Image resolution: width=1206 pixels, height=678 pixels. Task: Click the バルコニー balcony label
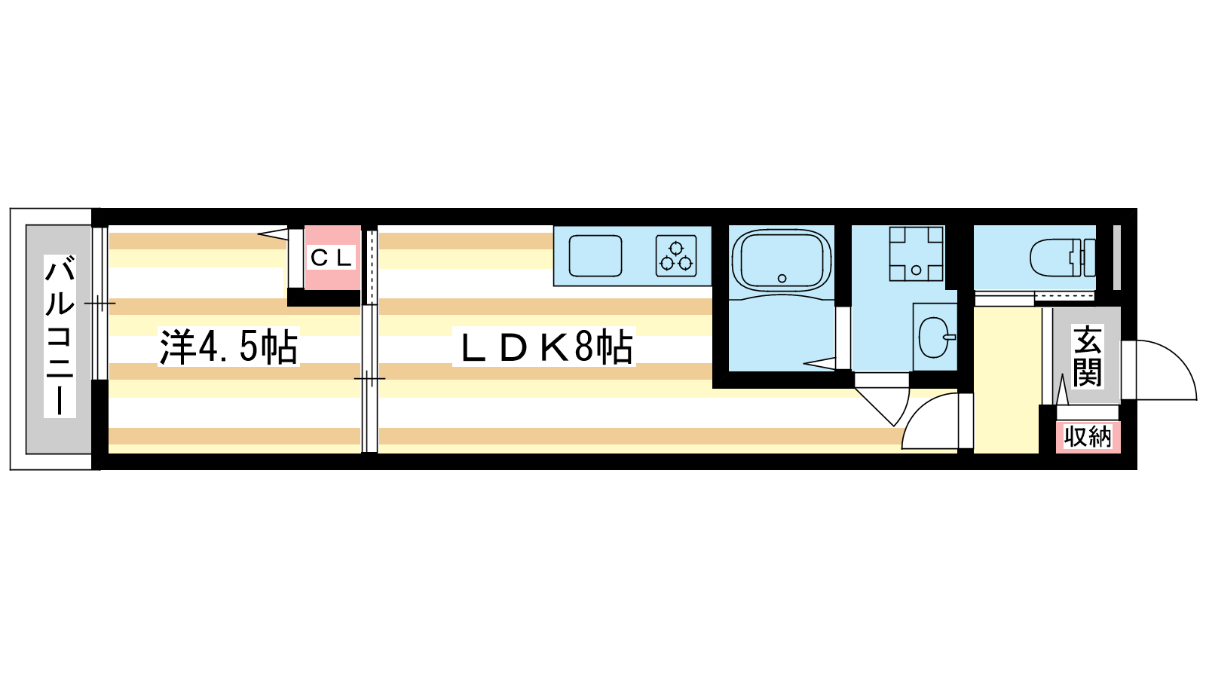60,336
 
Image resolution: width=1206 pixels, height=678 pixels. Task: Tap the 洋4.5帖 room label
228,347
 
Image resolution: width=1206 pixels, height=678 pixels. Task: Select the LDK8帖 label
543,347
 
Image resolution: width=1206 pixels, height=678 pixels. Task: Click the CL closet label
331,258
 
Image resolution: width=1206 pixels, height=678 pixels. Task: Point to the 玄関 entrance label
1087,356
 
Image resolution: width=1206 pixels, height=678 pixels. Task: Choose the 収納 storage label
1088,436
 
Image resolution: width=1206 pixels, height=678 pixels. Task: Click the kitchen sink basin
595,255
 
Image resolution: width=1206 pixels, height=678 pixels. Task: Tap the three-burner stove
676,256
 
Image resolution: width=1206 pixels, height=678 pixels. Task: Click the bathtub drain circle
782,278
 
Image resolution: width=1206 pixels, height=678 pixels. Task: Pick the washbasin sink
935,337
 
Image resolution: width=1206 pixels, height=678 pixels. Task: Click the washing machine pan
916,253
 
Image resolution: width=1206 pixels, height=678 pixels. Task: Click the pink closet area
332,258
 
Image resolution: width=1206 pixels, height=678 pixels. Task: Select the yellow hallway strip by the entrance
1006,380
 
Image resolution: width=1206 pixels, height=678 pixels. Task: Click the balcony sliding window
99,304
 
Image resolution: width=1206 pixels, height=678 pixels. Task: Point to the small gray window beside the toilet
1116,257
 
